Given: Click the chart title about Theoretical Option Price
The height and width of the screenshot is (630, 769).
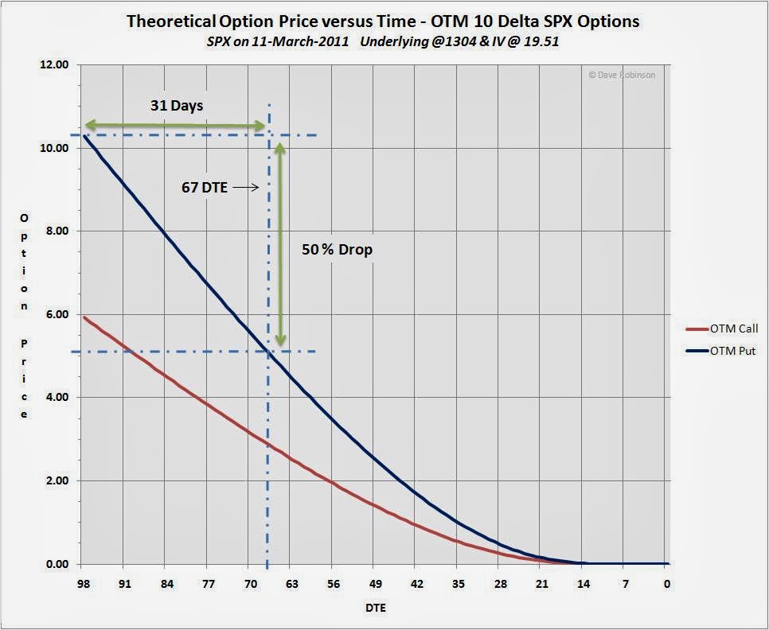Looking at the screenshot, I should coord(383,21).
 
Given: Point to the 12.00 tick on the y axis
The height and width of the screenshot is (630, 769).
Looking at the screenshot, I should coord(54,65).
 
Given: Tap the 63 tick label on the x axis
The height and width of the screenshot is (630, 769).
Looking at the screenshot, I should coord(291,583).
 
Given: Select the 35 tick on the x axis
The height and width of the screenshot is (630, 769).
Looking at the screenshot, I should coord(458,583).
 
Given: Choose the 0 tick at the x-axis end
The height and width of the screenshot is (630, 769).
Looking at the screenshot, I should coord(667,583).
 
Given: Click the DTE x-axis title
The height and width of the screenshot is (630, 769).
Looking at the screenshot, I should coord(374,609).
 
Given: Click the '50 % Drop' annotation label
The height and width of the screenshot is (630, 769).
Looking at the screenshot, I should coord(337,249).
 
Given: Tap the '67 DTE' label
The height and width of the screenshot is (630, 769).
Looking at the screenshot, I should coord(205,189).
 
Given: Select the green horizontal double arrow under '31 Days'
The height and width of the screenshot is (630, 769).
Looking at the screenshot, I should coord(174,125).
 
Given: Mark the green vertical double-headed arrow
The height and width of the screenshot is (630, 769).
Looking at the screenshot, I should coord(280,244).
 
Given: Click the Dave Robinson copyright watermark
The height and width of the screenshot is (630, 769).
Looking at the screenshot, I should coord(622,74).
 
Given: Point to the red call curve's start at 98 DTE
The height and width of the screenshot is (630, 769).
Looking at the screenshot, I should coord(84,317).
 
